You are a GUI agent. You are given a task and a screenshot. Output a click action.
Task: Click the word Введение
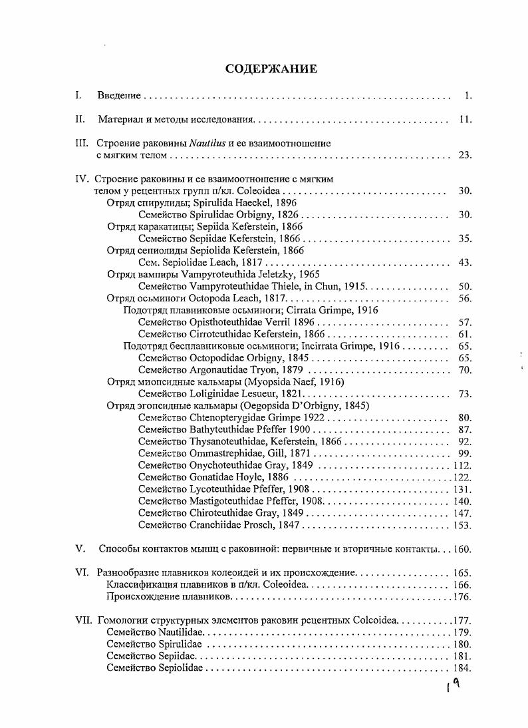119,96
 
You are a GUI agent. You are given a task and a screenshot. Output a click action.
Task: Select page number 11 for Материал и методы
465,120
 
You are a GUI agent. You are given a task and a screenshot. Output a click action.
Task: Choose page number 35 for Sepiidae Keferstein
465,238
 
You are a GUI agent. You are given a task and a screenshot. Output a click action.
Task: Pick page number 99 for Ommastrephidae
465,454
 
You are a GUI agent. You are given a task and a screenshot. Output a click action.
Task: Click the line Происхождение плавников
168,597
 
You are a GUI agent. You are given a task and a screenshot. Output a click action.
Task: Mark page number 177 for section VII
462,621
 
